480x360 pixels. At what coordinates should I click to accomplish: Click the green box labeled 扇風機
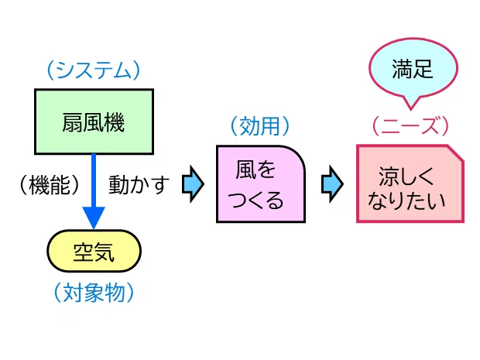(x=94, y=122)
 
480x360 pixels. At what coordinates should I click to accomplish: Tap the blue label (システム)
(x=94, y=70)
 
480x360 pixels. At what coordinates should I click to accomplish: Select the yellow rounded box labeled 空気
(x=94, y=251)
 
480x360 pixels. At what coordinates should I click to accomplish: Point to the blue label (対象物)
(x=94, y=293)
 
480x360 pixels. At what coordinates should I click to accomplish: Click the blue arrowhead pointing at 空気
(x=94, y=218)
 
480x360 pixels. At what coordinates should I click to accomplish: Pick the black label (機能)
(x=50, y=185)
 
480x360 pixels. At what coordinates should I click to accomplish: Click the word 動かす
(x=139, y=184)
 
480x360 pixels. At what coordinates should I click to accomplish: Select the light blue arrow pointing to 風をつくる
(x=193, y=184)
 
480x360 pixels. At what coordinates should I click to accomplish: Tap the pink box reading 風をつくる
(x=261, y=184)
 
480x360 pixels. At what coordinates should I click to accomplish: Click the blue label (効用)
(x=260, y=126)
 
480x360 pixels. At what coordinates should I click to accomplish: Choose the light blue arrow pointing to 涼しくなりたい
(x=332, y=184)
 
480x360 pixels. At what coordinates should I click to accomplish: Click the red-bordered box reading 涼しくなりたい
(x=410, y=183)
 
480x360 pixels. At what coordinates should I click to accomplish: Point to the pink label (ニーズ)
(x=410, y=126)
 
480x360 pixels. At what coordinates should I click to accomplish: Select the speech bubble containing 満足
(x=413, y=70)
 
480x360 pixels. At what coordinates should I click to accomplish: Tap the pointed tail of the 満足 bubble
(x=410, y=108)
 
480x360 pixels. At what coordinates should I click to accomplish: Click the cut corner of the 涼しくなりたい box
(x=457, y=153)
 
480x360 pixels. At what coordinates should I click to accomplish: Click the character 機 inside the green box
(x=115, y=122)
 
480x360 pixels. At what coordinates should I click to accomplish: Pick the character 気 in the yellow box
(x=105, y=252)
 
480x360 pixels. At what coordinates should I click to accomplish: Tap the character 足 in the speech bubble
(x=423, y=69)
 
